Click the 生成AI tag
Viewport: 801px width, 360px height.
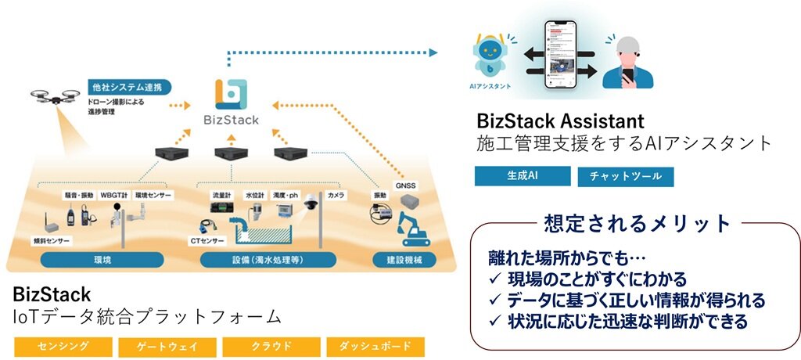pos(522,176)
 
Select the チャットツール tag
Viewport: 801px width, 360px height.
pos(625,177)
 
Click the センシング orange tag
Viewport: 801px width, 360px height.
pos(63,346)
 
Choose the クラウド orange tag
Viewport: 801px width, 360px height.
pos(271,346)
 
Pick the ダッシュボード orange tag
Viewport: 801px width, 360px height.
pos(375,346)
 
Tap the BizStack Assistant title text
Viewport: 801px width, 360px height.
pos(560,121)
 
